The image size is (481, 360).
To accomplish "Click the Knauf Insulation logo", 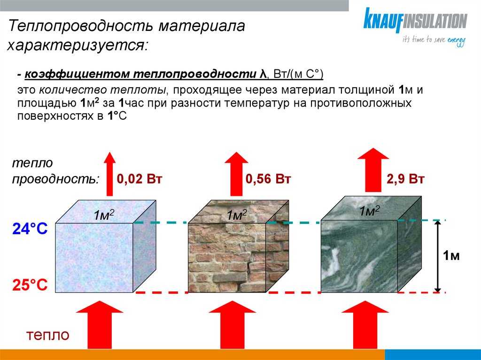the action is click(x=415, y=28).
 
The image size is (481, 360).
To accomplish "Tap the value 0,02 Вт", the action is click(x=139, y=179).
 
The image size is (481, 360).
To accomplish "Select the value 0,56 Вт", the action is click(x=268, y=179).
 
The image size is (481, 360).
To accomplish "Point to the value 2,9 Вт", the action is click(x=405, y=179).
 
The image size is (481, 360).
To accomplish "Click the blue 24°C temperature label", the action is click(x=30, y=229).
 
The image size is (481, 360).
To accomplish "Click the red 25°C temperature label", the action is click(x=30, y=285).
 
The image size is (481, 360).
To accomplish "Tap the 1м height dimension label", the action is click(x=451, y=255).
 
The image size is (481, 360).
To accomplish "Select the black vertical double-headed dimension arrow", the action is click(x=438, y=256).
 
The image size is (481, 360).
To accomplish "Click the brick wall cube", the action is click(x=238, y=246).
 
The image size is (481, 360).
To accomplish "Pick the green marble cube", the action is click(x=371, y=244).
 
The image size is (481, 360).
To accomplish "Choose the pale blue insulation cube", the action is click(x=106, y=246).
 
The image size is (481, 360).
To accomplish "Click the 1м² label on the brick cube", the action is click(x=237, y=214).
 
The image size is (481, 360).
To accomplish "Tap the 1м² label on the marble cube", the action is click(x=369, y=211).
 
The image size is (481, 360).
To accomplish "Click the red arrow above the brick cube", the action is click(x=236, y=174).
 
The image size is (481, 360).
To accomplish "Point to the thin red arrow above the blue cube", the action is click(x=109, y=174).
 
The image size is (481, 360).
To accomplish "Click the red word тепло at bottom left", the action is click(x=48, y=335).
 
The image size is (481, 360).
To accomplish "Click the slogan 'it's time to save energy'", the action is click(x=434, y=41).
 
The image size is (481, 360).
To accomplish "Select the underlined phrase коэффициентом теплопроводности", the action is click(x=140, y=75).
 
